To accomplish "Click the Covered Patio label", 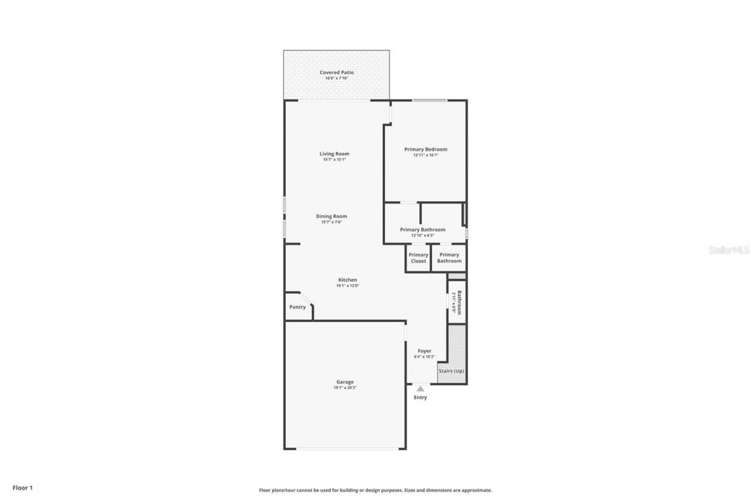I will click(336, 73).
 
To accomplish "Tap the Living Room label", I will click(334, 154).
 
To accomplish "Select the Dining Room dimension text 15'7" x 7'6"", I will click(331, 222).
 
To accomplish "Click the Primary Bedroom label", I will click(425, 149).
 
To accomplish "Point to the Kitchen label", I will click(347, 280).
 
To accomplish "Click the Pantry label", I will click(297, 307).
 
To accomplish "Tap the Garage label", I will click(344, 382).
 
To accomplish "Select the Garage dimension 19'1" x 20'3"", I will click(344, 388).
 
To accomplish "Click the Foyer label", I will click(424, 351).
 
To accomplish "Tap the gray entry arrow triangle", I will click(420, 388).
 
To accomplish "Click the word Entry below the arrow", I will click(420, 397).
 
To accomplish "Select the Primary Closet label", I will click(418, 258).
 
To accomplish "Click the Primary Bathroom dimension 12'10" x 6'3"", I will click(422, 236).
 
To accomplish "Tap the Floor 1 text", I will click(23, 487).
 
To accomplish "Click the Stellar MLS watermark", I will click(729, 250).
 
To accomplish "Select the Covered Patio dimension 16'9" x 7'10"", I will click(336, 78).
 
